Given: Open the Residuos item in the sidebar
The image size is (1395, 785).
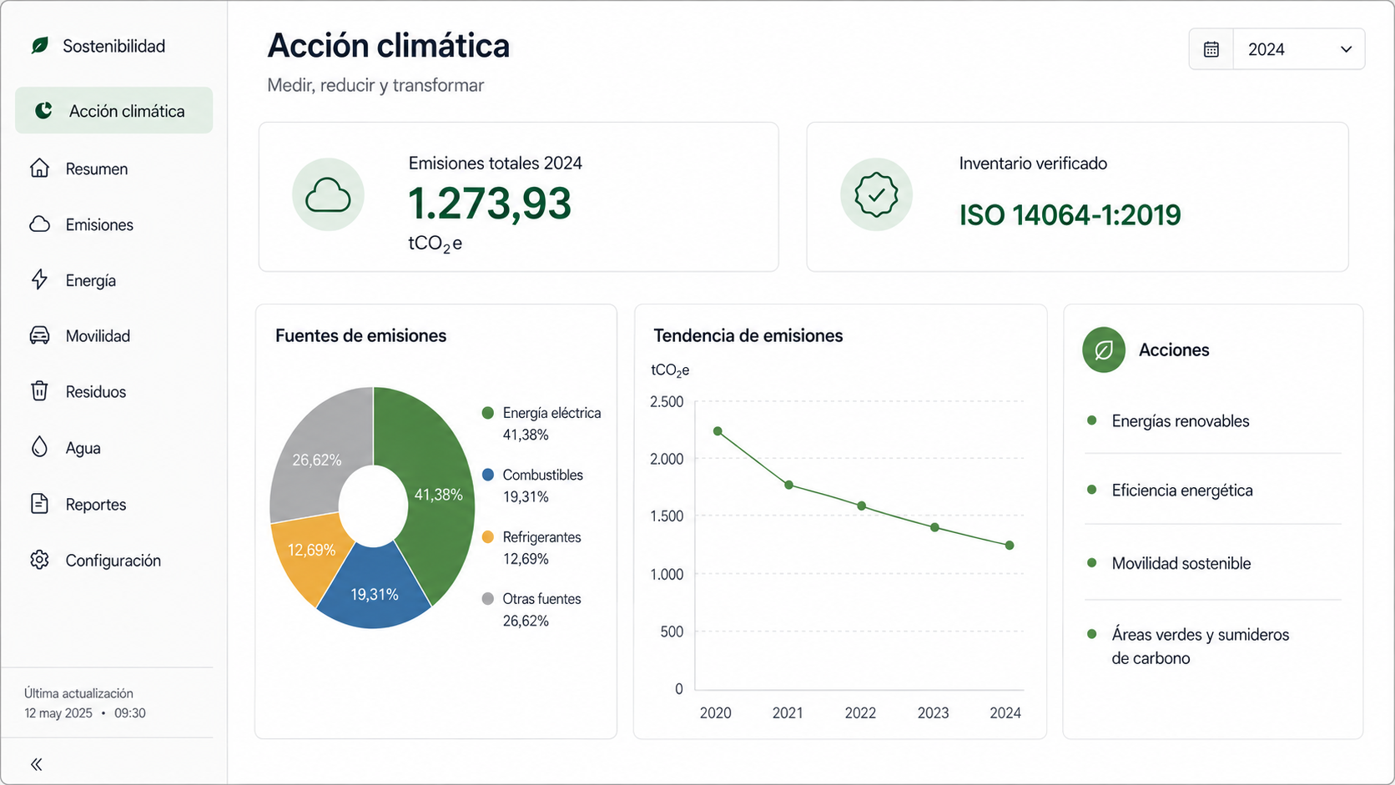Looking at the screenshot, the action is [x=95, y=391].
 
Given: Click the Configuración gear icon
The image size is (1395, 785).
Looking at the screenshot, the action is [x=39, y=560].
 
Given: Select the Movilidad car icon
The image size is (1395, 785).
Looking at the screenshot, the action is [x=39, y=335].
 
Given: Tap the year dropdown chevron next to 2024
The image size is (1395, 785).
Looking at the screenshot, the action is [x=1346, y=49].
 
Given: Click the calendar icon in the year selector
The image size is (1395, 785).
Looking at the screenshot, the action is [x=1211, y=49].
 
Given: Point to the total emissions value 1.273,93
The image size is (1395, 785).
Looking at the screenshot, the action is [x=490, y=204].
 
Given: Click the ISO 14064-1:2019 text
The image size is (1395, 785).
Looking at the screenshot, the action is [x=1070, y=215].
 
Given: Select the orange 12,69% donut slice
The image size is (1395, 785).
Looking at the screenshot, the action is [x=306, y=554].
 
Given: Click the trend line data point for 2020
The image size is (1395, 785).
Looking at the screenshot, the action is [x=718, y=430].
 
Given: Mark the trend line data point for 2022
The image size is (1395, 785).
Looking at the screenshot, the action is [x=861, y=506].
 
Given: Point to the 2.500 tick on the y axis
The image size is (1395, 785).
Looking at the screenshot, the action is [x=667, y=401].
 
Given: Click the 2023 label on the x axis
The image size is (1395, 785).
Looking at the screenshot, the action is [x=932, y=712].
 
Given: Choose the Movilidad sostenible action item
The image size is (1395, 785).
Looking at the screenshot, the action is [x=1181, y=563].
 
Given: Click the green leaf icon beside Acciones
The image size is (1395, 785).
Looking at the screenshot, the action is [x=1104, y=350].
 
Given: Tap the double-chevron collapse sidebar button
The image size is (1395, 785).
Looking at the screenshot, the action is [x=37, y=764].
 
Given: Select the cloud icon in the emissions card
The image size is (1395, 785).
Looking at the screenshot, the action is [x=328, y=195].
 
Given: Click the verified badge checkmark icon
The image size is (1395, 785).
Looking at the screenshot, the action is [x=876, y=195].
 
